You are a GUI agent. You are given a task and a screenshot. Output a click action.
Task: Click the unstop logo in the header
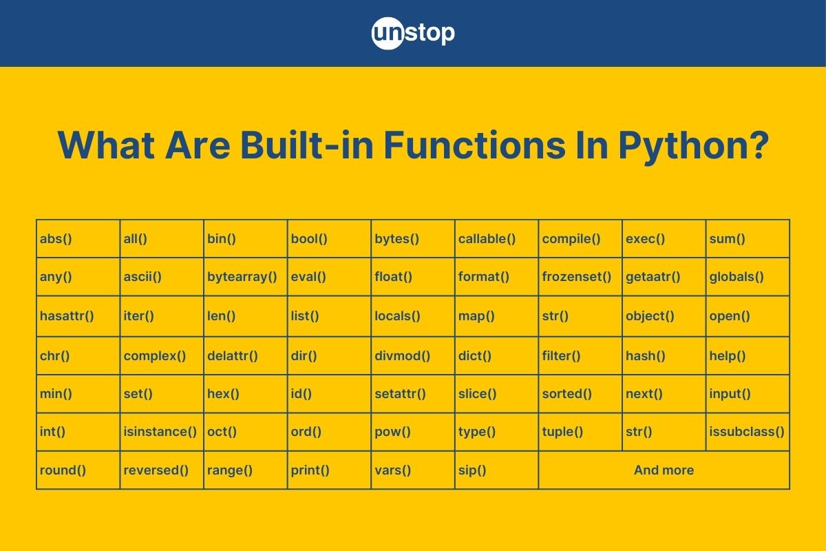[x=413, y=33]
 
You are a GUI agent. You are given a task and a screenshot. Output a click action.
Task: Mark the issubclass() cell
[x=747, y=432]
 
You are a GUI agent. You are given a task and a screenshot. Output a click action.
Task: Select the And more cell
[x=664, y=470]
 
